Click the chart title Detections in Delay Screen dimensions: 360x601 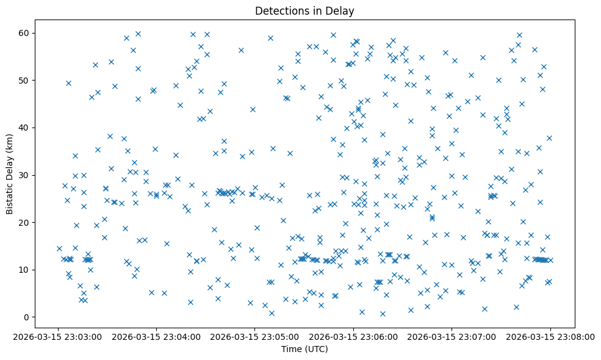click(304, 11)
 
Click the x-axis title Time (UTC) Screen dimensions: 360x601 click(304, 349)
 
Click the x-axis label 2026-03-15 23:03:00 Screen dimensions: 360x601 click(59, 336)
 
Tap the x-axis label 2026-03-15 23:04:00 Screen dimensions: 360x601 click(157, 336)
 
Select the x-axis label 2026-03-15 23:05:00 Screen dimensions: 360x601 click(255, 336)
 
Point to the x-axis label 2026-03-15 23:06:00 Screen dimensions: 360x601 click(353, 336)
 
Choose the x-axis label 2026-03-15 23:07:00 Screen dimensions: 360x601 click(452, 336)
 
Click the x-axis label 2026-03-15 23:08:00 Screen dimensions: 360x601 click(550, 336)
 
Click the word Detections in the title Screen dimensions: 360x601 click(278, 11)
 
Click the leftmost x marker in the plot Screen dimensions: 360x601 click(59, 248)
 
